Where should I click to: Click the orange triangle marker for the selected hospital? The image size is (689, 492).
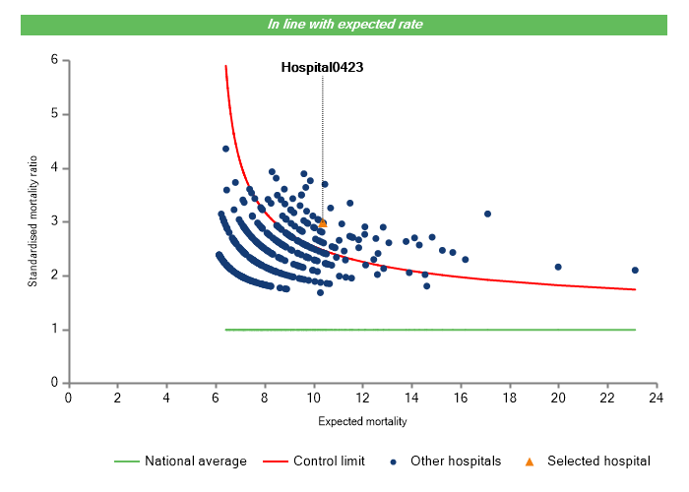coord(323,223)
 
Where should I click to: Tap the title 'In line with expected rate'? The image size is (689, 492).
coord(345,25)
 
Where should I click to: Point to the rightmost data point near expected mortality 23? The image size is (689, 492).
coord(635,270)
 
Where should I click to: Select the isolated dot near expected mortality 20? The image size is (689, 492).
coord(558,267)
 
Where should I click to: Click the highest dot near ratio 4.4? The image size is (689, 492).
coord(225,149)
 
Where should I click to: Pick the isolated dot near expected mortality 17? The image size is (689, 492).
coord(487,214)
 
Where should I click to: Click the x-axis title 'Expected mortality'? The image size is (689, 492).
coord(362,422)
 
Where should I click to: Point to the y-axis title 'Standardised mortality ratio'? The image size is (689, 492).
coord(32,221)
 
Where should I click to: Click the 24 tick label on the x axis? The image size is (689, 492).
coord(657,398)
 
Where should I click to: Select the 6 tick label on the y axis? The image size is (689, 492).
coord(55,60)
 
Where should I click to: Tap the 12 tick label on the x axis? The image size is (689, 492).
coord(362,398)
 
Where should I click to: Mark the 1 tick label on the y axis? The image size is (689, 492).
coord(55,330)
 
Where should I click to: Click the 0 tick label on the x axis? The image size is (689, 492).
coord(68,398)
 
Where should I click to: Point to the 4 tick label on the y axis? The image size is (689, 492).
coord(55,168)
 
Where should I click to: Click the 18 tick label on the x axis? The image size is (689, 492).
coord(510,398)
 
